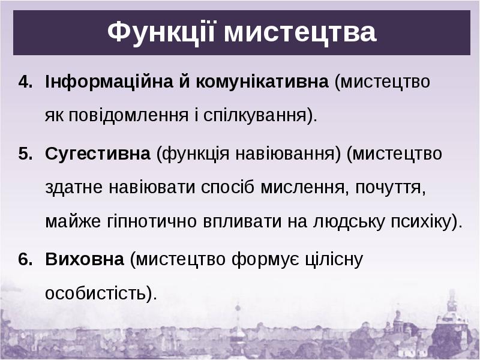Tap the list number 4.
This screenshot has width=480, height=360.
click(25, 82)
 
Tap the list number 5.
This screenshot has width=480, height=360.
click(25, 154)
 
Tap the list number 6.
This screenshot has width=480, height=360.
click(25, 259)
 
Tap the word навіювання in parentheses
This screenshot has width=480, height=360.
click(284, 154)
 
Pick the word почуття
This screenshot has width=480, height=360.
click(391, 187)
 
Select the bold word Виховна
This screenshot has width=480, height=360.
click(85, 259)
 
